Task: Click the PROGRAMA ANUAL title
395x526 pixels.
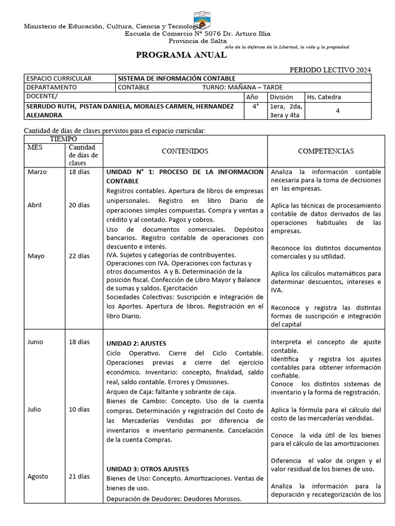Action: coord(181,55)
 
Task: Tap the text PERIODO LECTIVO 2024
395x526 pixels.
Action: coord(330,70)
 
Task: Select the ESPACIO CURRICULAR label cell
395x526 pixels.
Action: coord(59,79)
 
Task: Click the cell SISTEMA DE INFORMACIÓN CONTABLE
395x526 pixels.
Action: coord(177,79)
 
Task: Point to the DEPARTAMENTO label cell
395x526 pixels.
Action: coord(51,87)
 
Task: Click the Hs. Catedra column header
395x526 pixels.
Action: coord(324,97)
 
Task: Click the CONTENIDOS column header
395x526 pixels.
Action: coord(185,152)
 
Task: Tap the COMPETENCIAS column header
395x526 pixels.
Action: coord(326,152)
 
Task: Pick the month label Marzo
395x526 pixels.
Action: coord(37,172)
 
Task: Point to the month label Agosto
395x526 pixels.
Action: coord(38,476)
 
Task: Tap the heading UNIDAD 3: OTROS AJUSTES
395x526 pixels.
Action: coord(148,469)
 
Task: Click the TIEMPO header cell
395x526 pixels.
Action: coord(63,139)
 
